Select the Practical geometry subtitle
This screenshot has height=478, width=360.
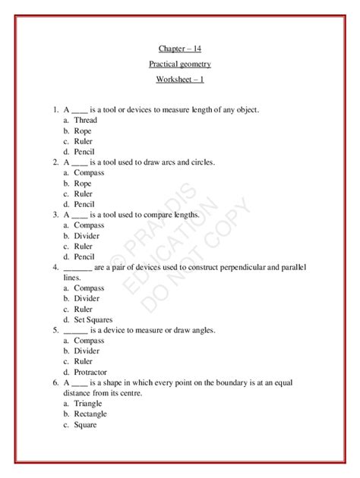pos(180,65)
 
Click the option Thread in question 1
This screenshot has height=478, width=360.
pos(85,121)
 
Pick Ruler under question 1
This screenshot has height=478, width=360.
pos(84,141)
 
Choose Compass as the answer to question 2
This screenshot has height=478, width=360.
pos(89,173)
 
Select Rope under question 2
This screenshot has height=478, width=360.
pos(83,184)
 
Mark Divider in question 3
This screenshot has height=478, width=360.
pos(87,236)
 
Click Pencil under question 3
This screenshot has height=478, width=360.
pos(84,256)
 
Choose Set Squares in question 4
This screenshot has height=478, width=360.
pos(94,319)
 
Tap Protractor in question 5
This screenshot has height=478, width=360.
pos(90,372)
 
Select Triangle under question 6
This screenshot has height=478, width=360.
pos(88,404)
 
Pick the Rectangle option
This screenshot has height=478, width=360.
pos(90,414)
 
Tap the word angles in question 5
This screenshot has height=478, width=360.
pos(204,330)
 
